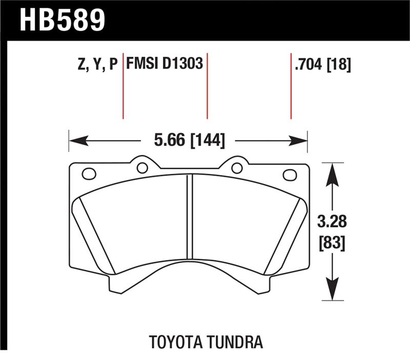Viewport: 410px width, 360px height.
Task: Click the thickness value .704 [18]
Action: [x=322, y=64]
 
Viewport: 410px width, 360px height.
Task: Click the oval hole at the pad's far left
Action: [x=89, y=174]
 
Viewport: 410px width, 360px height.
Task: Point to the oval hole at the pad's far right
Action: [x=290, y=174]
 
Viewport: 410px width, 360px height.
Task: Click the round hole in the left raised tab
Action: [x=142, y=167]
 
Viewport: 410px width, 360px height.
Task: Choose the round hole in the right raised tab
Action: [x=236, y=167]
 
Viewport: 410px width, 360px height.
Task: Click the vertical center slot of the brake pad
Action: [x=189, y=215]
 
